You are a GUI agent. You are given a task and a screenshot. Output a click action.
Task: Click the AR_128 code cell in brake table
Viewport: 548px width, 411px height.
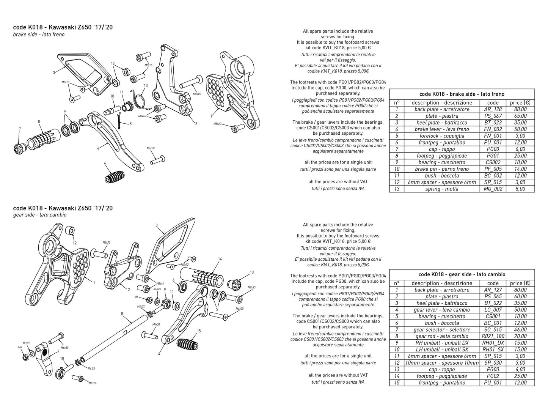pos(493,109)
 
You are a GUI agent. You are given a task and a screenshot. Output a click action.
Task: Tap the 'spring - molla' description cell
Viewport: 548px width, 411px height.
pos(441,189)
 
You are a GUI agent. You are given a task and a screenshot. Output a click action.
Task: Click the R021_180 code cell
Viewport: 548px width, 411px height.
pos(493,336)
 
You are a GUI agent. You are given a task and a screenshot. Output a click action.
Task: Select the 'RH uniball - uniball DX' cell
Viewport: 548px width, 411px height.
pos(441,343)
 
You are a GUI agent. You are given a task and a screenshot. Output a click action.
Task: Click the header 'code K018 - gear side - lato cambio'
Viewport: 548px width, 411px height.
pos(462,274)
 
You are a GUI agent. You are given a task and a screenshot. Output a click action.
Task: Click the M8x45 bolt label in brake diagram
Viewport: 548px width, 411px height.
pos(196,93)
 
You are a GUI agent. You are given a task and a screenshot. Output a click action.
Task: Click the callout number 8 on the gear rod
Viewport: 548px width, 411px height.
pos(122,314)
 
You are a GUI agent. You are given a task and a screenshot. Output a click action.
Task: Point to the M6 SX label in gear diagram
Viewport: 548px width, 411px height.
pos(91,368)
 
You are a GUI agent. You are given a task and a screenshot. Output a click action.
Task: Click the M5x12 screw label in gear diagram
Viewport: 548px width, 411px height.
pos(185,265)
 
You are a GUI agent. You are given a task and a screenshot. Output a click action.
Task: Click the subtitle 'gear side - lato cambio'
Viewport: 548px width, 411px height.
pos(40,215)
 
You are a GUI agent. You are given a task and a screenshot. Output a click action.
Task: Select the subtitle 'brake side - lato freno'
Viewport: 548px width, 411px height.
pos(39,35)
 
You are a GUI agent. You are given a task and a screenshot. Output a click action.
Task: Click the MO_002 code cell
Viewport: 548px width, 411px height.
pos(493,189)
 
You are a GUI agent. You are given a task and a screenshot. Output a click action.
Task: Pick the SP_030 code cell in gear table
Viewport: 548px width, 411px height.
pos(493,363)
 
